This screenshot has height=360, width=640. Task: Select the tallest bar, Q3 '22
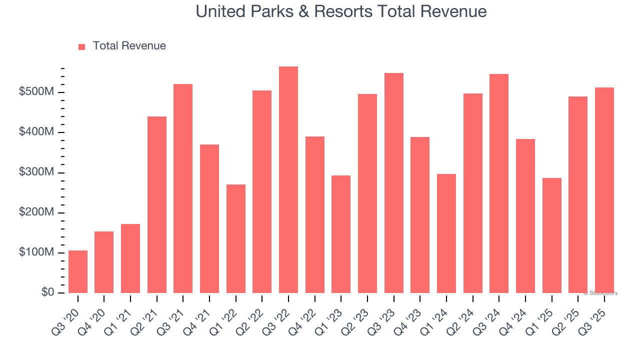click(288, 179)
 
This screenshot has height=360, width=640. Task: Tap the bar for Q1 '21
click(130, 258)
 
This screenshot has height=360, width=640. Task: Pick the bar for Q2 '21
click(157, 204)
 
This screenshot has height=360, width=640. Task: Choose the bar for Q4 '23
click(420, 215)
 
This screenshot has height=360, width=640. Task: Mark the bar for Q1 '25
click(551, 235)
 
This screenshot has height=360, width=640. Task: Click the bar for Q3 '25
click(604, 190)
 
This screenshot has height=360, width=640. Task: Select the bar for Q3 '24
click(499, 183)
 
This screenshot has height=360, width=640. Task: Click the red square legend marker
click(82, 46)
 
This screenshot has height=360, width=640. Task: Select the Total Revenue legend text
click(129, 46)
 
